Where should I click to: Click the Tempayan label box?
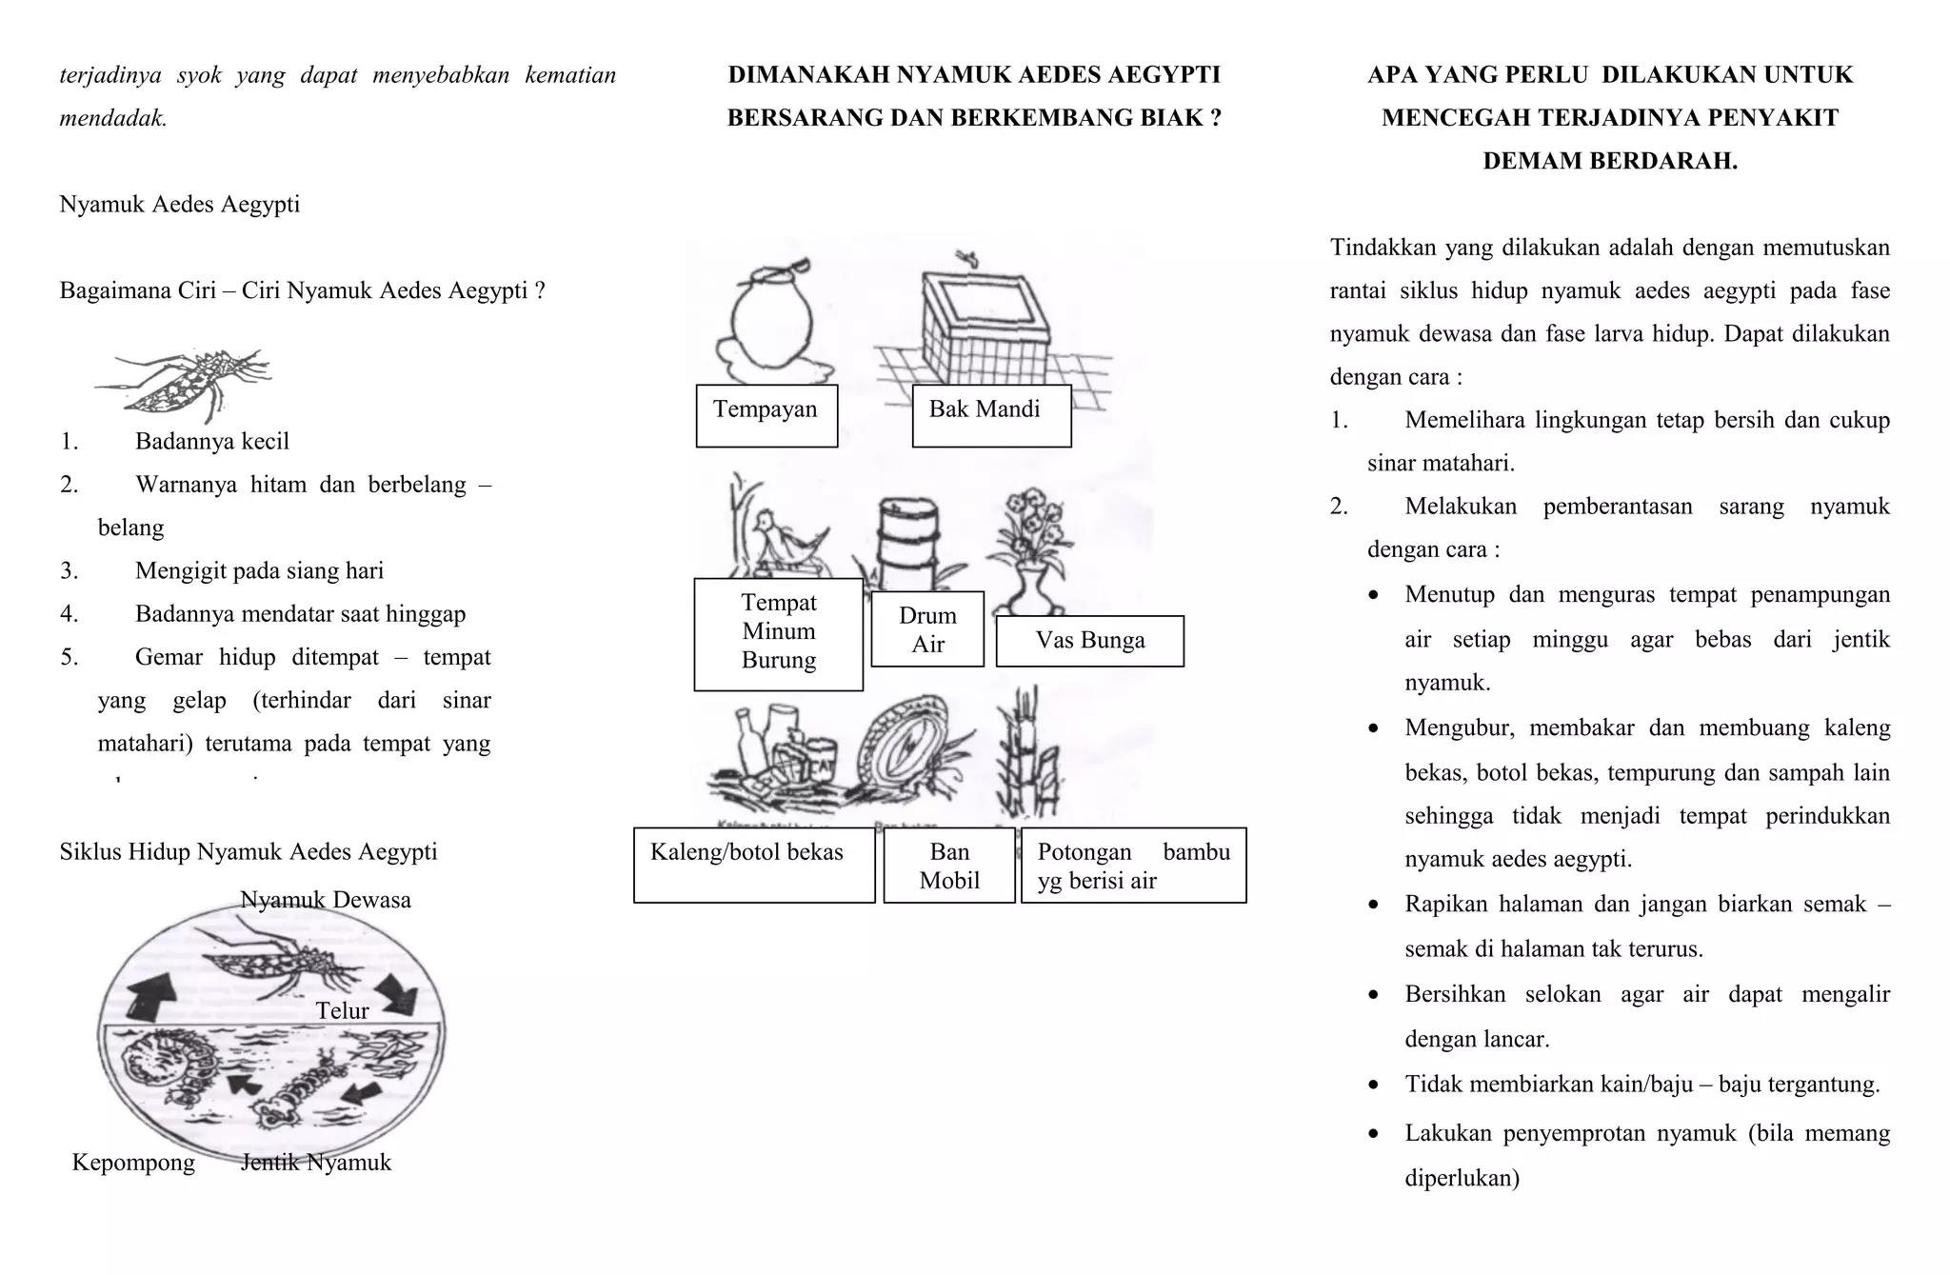(x=766, y=416)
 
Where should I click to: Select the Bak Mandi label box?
(x=991, y=416)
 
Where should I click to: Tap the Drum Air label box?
(x=926, y=629)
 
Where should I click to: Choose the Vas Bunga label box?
(x=1089, y=641)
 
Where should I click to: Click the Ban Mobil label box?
(x=948, y=866)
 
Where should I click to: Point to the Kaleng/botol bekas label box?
(x=753, y=866)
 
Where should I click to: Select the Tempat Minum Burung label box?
(x=778, y=633)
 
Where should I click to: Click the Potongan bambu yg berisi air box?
(x=1133, y=866)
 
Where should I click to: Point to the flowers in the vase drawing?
(x=1034, y=524)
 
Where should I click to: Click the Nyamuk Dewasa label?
(x=325, y=900)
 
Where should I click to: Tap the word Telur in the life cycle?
(x=342, y=1010)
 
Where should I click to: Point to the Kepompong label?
(x=133, y=1163)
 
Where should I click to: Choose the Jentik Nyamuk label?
(x=316, y=1163)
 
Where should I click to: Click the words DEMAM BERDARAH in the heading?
(x=1609, y=161)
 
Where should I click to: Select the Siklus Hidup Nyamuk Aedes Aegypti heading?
(x=249, y=851)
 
